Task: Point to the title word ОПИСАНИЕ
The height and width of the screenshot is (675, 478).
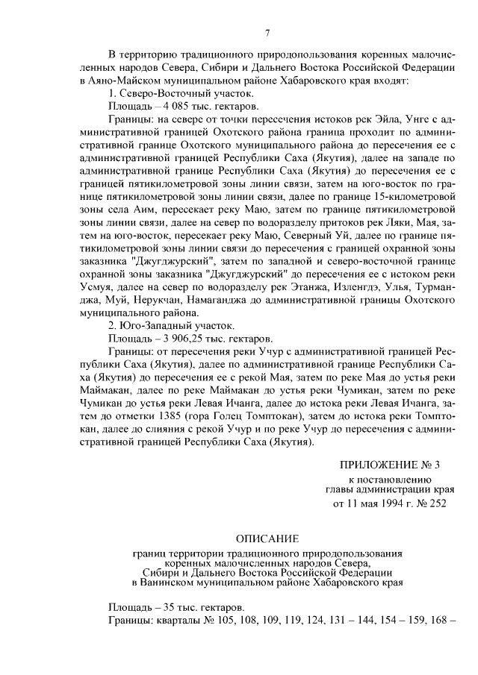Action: click(x=267, y=539)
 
